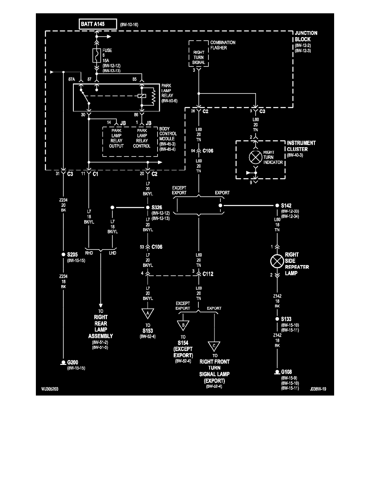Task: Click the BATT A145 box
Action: pyautogui.click(x=97, y=24)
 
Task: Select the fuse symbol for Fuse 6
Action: pyautogui.click(x=96, y=55)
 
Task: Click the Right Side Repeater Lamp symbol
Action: pyautogui.click(x=277, y=261)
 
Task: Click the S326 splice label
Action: pyautogui.click(x=158, y=208)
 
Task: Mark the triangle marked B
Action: pyautogui.click(x=183, y=325)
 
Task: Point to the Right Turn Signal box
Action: pyautogui.click(x=199, y=56)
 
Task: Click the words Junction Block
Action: pyautogui.click(x=306, y=36)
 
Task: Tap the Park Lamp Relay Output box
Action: pyautogui.click(x=117, y=138)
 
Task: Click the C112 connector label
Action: pyautogui.click(x=208, y=274)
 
